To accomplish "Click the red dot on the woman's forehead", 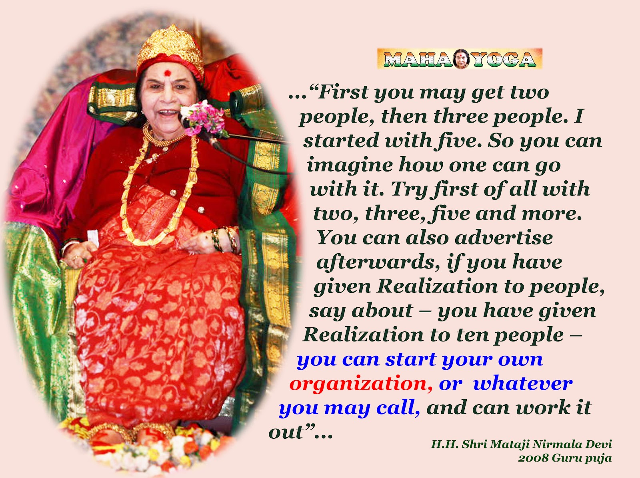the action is tap(167, 73).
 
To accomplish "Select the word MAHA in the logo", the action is tap(418, 59).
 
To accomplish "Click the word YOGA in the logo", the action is tap(503, 59).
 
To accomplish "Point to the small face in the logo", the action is tap(462, 58).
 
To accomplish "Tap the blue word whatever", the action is tap(523, 383).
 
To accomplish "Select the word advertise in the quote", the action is tap(504, 238).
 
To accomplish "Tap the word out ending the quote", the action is tap(286, 432).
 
